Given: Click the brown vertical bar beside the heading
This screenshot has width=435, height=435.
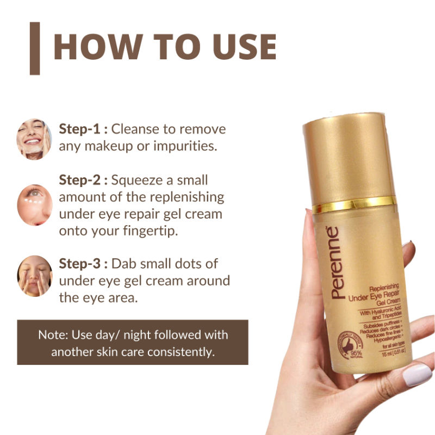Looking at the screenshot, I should (35, 48).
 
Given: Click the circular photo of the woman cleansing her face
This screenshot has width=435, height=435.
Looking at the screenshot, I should (34, 139).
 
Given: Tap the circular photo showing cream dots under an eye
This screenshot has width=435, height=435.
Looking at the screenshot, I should (34, 205).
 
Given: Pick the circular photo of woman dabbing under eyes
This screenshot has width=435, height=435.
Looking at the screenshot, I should (34, 276).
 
